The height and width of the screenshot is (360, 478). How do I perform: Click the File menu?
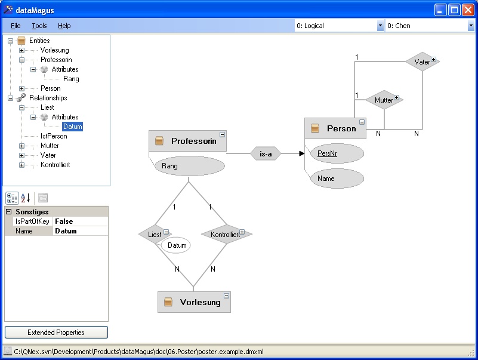pos(16,26)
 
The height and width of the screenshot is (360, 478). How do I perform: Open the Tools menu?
pos(39,26)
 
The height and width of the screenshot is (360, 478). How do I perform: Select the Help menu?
pos(64,26)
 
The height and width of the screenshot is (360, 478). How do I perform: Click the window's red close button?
pos(468,10)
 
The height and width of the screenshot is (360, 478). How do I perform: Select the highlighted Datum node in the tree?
pos(73,127)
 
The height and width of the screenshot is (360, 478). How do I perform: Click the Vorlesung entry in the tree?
pos(54,50)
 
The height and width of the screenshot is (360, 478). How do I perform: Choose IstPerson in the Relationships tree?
pos(54,136)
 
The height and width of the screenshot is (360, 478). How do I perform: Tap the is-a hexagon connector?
pos(266,154)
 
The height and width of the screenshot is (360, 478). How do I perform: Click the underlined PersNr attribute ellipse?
pos(337,153)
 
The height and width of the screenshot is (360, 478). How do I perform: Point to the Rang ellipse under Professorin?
pos(190,166)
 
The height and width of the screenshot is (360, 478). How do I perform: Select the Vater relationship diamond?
pos(423,61)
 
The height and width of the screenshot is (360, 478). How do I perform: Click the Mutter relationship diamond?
pos(384,100)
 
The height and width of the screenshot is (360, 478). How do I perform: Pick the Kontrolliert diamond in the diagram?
pos(227,234)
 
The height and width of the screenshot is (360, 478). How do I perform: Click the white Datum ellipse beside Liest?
pos(175,245)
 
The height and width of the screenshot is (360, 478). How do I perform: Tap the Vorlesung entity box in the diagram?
pos(194,302)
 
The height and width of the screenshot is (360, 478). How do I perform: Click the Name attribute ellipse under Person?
pos(337,179)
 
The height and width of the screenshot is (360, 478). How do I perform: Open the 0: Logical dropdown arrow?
pos(380,26)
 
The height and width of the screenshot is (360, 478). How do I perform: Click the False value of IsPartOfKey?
pos(64,221)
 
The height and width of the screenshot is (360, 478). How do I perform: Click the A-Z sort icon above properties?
pos(26,198)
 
